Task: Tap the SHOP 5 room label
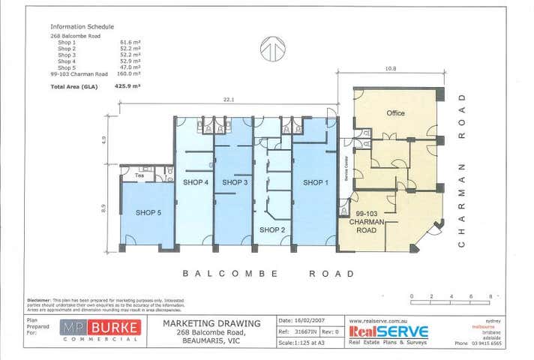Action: click(x=148, y=213)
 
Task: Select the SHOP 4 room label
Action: click(x=195, y=182)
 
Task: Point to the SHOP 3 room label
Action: click(x=235, y=182)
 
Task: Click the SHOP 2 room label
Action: click(x=272, y=229)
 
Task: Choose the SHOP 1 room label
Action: click(x=315, y=182)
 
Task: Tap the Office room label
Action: click(x=395, y=113)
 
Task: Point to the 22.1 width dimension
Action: click(x=229, y=100)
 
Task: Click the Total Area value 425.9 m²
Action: click(x=128, y=86)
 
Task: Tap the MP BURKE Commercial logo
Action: click(x=100, y=331)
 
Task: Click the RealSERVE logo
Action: click(x=388, y=331)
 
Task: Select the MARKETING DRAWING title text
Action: click(x=211, y=323)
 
